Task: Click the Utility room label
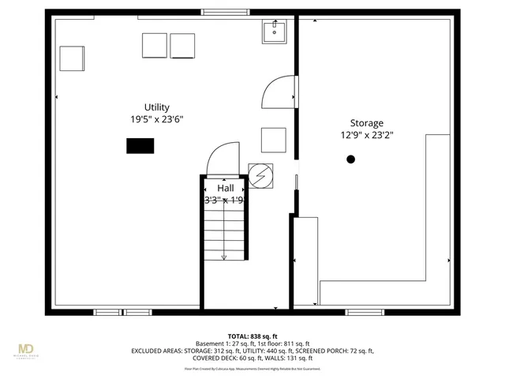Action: (x=156, y=107)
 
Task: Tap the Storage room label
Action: (x=367, y=123)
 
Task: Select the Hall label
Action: (x=226, y=188)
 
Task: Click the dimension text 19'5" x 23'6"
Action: (x=157, y=119)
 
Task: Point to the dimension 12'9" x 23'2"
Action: (x=367, y=135)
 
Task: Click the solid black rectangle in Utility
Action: (x=140, y=146)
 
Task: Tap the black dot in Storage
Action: (x=350, y=159)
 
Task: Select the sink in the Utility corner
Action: (x=275, y=32)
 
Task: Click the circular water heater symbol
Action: (x=260, y=174)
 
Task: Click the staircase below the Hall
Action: (x=225, y=233)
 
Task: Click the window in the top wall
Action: (x=226, y=12)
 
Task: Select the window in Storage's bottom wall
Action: (x=365, y=312)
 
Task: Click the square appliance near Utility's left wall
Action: (x=72, y=58)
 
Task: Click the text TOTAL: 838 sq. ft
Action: (x=252, y=336)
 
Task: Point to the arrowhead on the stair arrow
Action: (x=225, y=256)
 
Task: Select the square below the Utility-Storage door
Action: (x=273, y=140)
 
